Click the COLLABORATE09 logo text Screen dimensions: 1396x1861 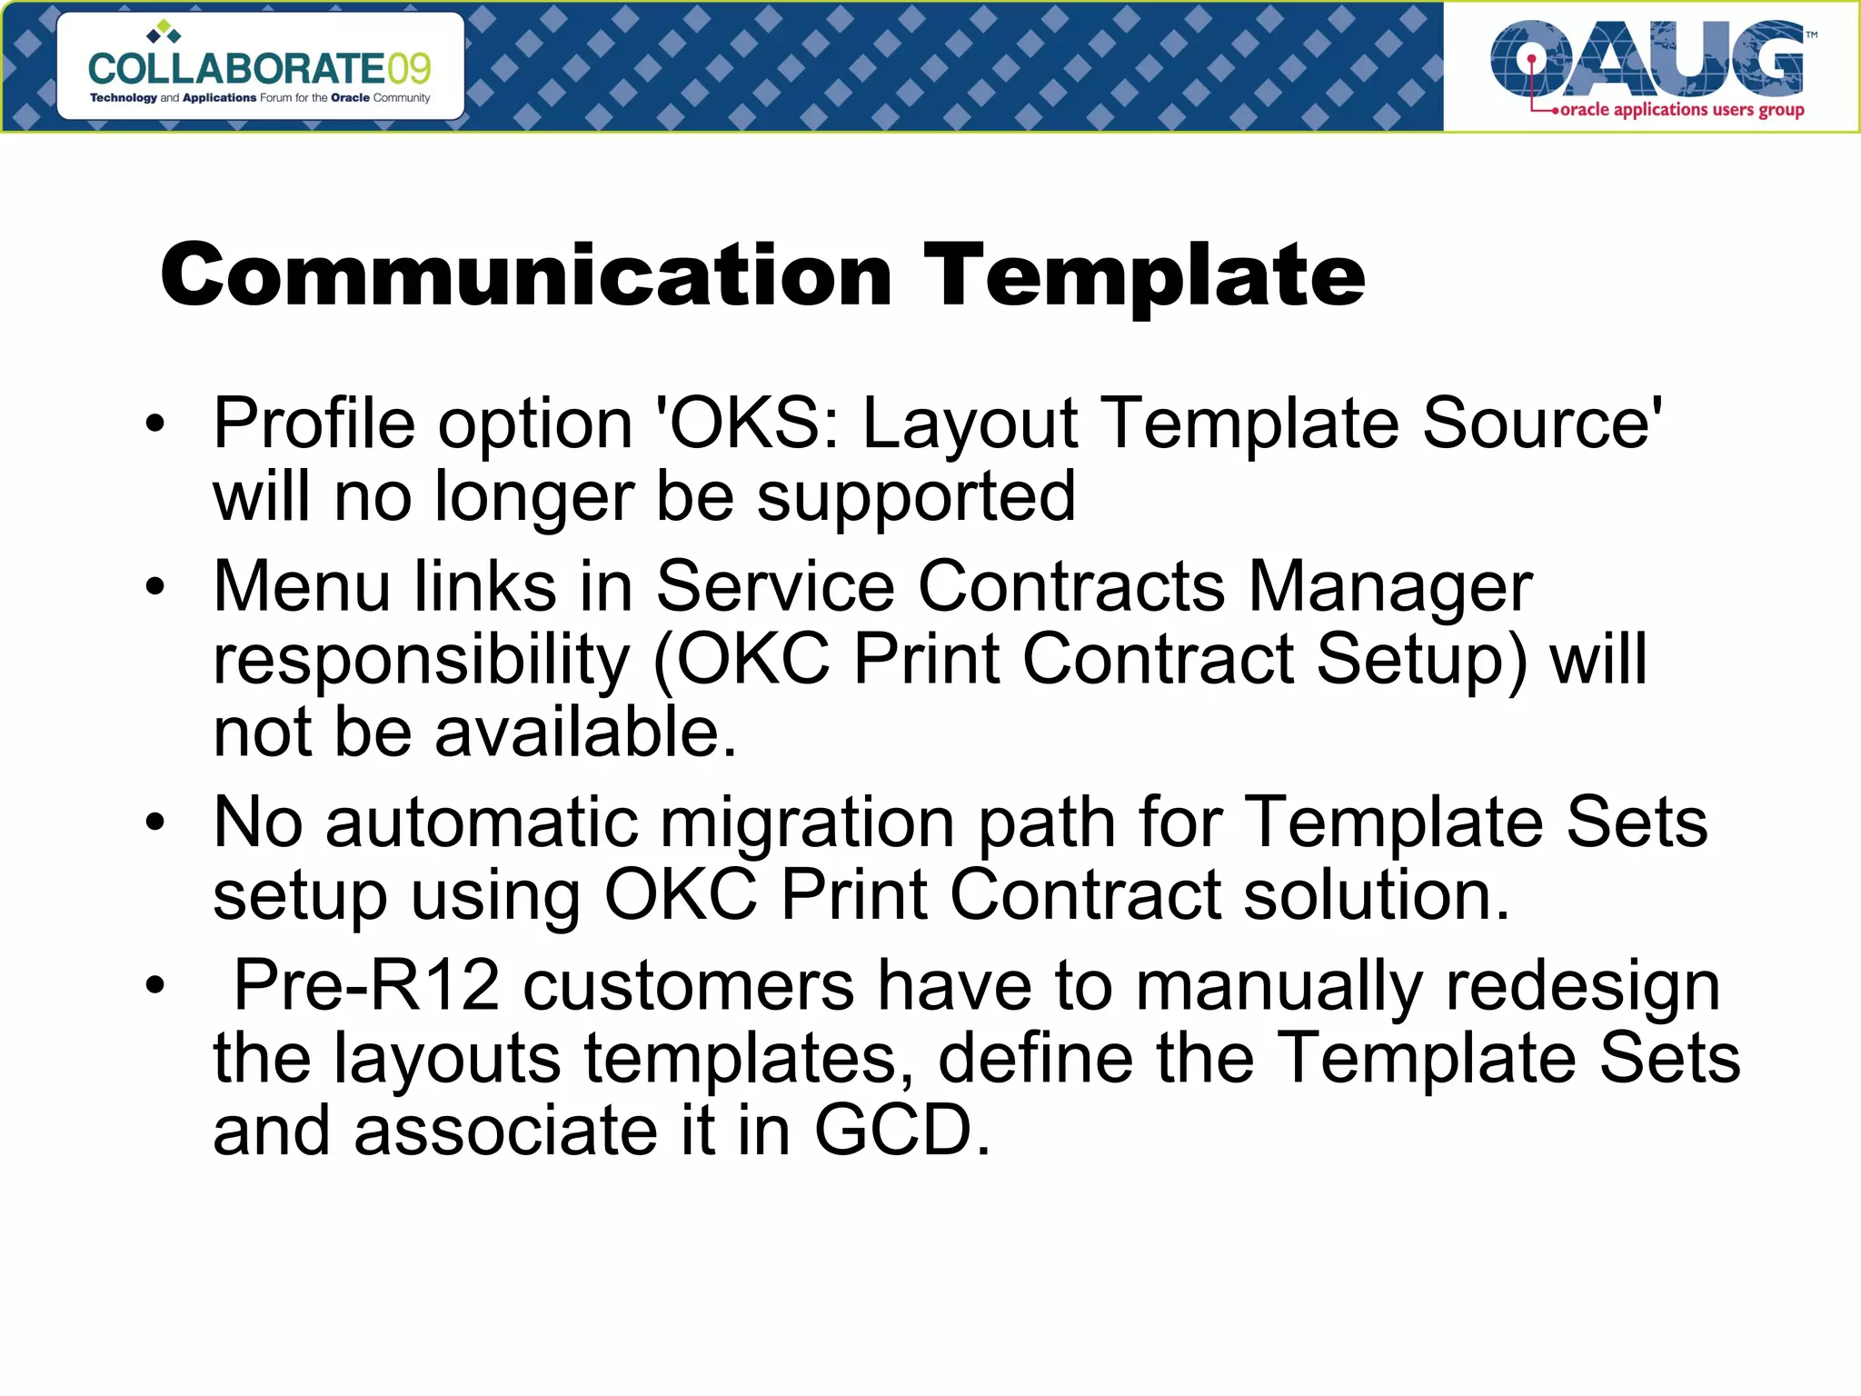[x=260, y=69]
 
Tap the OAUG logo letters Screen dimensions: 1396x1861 [x=1647, y=60]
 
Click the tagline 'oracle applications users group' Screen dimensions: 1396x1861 [x=1681, y=110]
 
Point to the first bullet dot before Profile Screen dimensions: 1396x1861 [x=155, y=424]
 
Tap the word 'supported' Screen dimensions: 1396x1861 [x=916, y=497]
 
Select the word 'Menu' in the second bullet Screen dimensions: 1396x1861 [x=302, y=586]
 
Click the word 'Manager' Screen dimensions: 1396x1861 [x=1390, y=586]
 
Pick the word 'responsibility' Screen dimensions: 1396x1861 [x=421, y=660]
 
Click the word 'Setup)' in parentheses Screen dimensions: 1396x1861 [x=1421, y=660]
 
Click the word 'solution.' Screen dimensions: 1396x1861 [x=1377, y=895]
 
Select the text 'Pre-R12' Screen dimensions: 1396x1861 [x=367, y=985]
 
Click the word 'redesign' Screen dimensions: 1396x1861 [x=1582, y=985]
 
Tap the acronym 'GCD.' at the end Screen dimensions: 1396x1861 [x=901, y=1131]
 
